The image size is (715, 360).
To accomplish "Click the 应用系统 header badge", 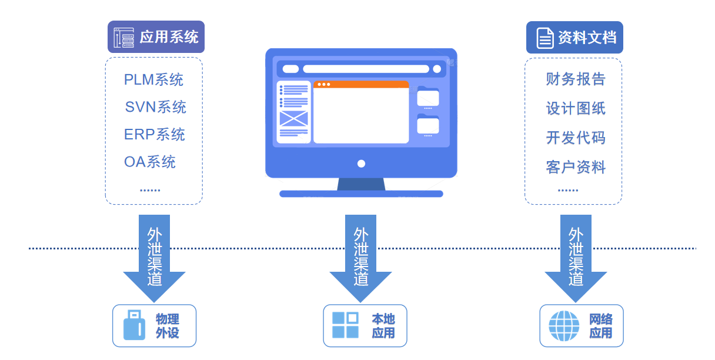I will pyautogui.click(x=156, y=37).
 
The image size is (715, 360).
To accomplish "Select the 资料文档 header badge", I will pyautogui.click(x=574, y=38).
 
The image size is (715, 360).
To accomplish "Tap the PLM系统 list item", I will pyautogui.click(x=153, y=79).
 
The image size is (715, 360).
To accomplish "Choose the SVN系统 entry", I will pyautogui.click(x=155, y=107).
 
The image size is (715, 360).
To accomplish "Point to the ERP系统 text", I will pyautogui.click(x=154, y=135).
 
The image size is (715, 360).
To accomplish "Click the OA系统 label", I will pyautogui.click(x=150, y=162).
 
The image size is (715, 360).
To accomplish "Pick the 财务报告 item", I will pyautogui.click(x=575, y=79).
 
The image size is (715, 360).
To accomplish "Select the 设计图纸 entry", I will pyautogui.click(x=575, y=108).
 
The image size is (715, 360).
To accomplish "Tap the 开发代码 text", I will pyautogui.click(x=575, y=138).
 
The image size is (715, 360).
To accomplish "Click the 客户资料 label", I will pyautogui.click(x=575, y=167).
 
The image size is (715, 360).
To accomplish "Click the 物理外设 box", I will pyautogui.click(x=154, y=325).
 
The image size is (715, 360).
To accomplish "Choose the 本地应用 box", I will pyautogui.click(x=365, y=325).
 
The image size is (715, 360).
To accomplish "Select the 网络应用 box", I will pyautogui.click(x=581, y=325).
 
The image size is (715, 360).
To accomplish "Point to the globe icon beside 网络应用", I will pyautogui.click(x=563, y=326).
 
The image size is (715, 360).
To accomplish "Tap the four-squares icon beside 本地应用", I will pyautogui.click(x=345, y=325).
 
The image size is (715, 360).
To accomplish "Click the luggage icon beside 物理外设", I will pyautogui.click(x=134, y=326).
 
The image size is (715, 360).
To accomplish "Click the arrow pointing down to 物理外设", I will pyautogui.click(x=154, y=259).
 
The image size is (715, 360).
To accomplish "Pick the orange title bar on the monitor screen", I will pyautogui.click(x=361, y=84).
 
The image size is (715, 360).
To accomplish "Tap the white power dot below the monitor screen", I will pyautogui.click(x=361, y=164).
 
